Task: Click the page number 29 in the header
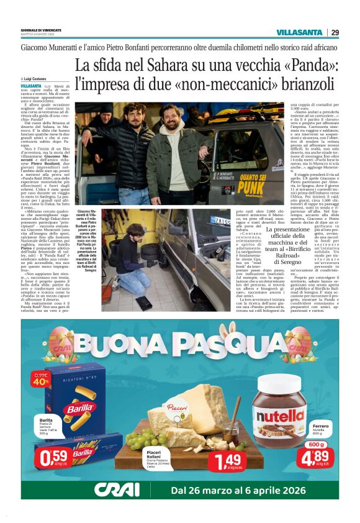(335, 32)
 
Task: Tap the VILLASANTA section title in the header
(299, 32)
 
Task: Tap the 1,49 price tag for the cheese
(224, 462)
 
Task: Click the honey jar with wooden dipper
(230, 421)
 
